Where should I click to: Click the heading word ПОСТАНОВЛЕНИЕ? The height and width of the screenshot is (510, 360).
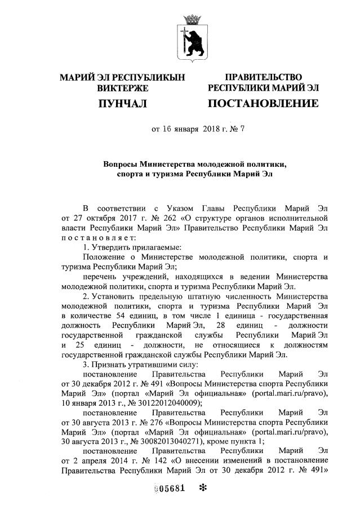pos(263,104)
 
